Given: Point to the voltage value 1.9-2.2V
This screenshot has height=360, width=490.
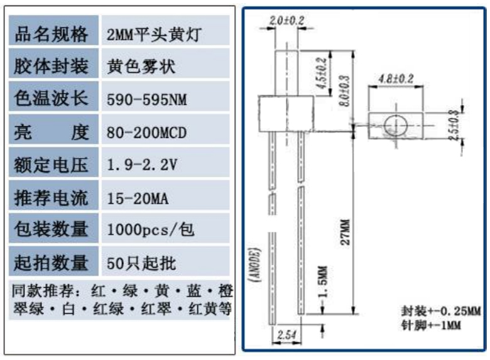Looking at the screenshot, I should tap(143, 166).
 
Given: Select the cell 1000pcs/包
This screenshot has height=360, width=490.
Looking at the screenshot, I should tap(151, 230).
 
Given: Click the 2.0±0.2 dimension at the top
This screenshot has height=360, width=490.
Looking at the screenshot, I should tap(286, 21).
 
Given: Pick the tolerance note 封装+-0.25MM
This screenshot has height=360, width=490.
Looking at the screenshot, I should tap(440, 312).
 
